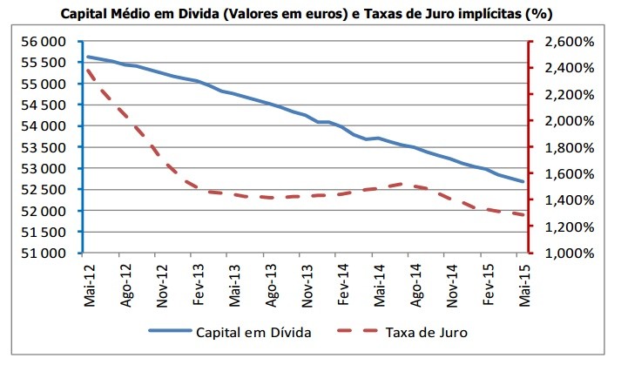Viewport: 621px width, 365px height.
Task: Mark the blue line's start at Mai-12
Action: point(88,57)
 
